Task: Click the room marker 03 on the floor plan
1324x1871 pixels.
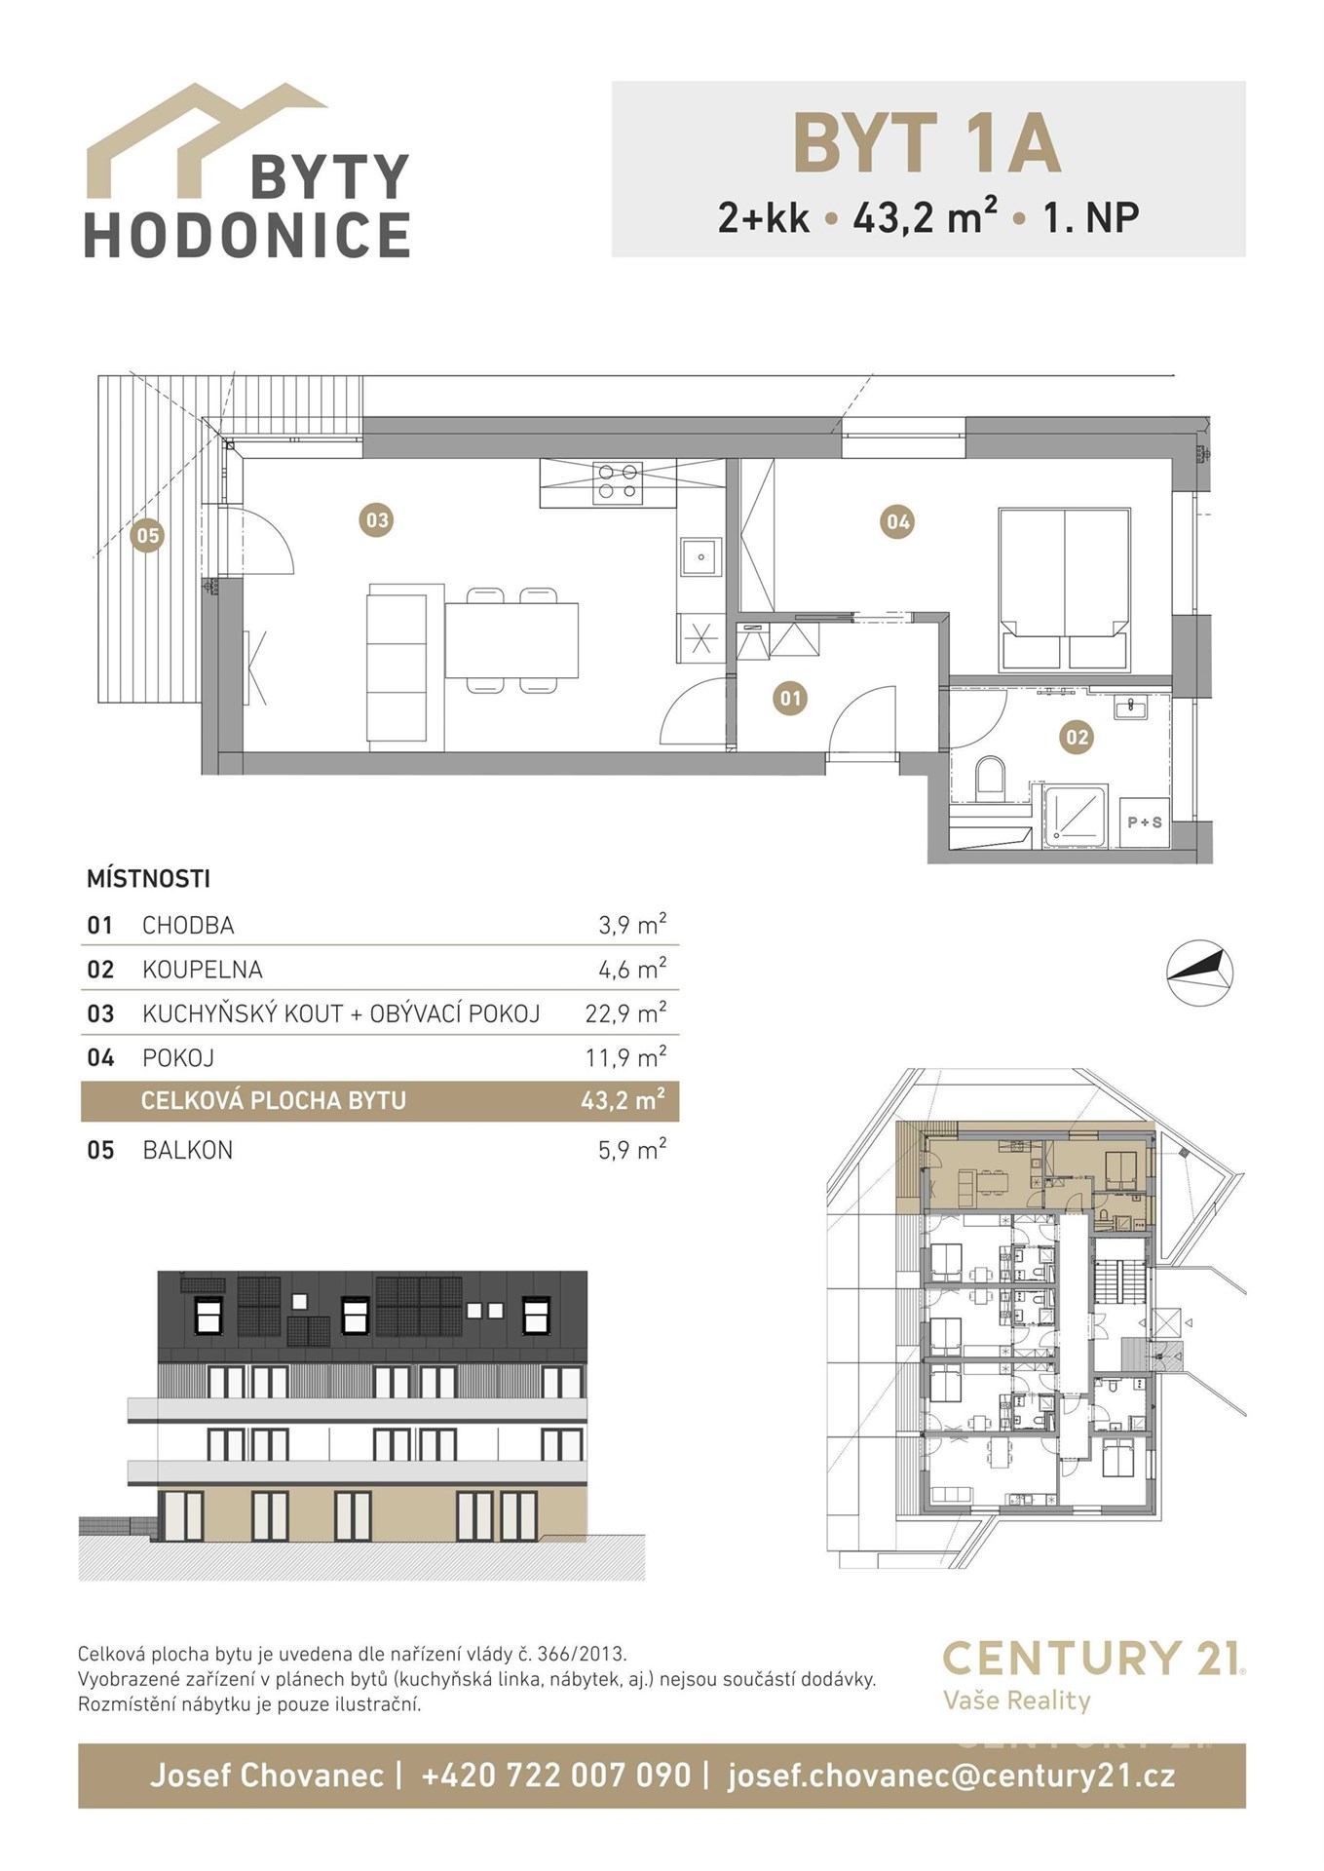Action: (x=377, y=520)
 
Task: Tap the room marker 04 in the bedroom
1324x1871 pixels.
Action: (x=897, y=522)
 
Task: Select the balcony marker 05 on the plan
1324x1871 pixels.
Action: (x=147, y=535)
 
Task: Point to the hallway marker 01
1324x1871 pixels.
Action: (x=790, y=698)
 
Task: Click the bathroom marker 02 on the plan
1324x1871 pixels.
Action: (x=1077, y=738)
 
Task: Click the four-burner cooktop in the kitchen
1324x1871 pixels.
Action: (x=619, y=482)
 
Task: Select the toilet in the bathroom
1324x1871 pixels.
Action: (x=990, y=780)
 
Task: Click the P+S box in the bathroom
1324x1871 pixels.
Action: (x=1145, y=822)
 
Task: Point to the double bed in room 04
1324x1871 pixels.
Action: (x=1065, y=589)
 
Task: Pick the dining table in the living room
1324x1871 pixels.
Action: (x=511, y=640)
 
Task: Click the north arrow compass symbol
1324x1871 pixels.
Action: (x=1200, y=972)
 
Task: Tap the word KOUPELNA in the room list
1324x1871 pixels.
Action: (x=203, y=970)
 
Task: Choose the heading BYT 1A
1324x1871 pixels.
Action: (x=927, y=143)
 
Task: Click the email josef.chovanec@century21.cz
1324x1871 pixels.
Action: (x=951, y=1776)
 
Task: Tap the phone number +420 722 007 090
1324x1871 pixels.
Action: (x=555, y=1775)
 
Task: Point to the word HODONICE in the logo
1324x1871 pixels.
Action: (x=247, y=235)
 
